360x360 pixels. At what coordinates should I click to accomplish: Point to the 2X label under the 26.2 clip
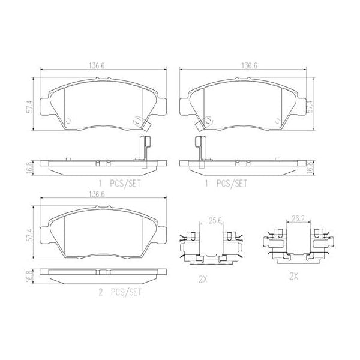pyautogui.click(x=293, y=275)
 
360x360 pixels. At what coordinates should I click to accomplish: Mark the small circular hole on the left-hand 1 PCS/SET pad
pyautogui.click(x=67, y=119)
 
